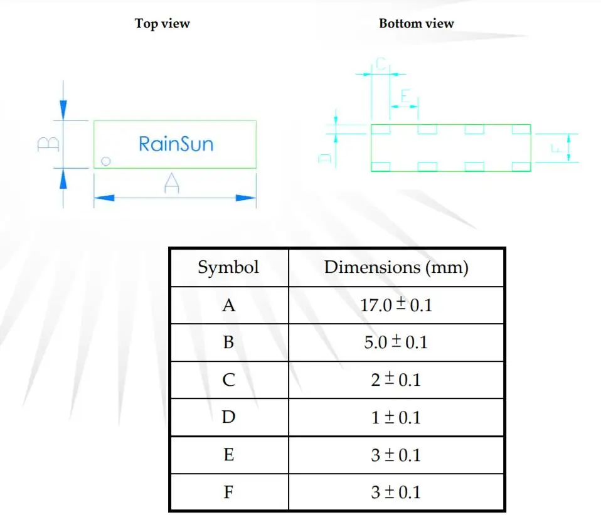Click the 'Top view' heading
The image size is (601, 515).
pyautogui.click(x=162, y=24)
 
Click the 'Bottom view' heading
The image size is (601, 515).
pyautogui.click(x=417, y=23)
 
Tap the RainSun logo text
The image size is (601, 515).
pyautogui.click(x=176, y=144)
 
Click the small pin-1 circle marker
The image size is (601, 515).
pyautogui.click(x=106, y=161)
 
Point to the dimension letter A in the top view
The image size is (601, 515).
pyautogui.click(x=171, y=183)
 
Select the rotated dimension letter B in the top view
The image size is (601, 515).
pyautogui.click(x=48, y=144)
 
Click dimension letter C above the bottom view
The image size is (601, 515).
pyautogui.click(x=381, y=63)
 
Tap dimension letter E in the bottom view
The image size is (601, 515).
pyautogui.click(x=405, y=96)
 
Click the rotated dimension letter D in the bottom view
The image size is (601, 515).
pyautogui.click(x=325, y=158)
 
